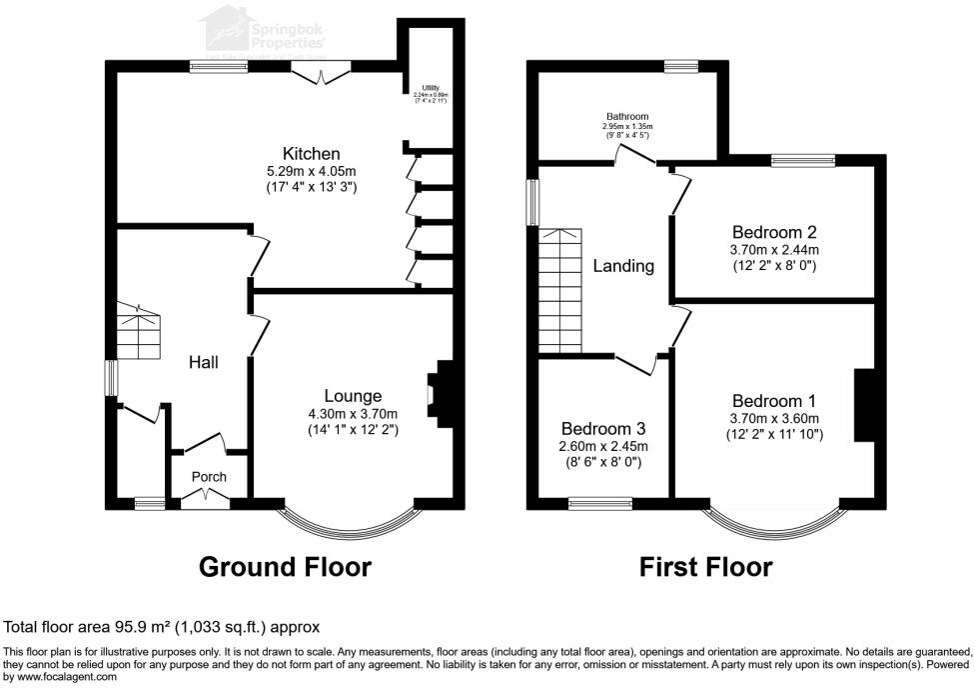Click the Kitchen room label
click(312, 154)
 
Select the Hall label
click(204, 362)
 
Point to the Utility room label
click(431, 89)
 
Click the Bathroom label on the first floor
click(626, 116)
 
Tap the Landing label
click(623, 266)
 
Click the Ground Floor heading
click(285, 567)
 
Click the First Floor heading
click(705, 567)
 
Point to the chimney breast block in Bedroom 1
click(864, 405)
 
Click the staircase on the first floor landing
click(559, 290)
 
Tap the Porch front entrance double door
click(204, 497)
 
